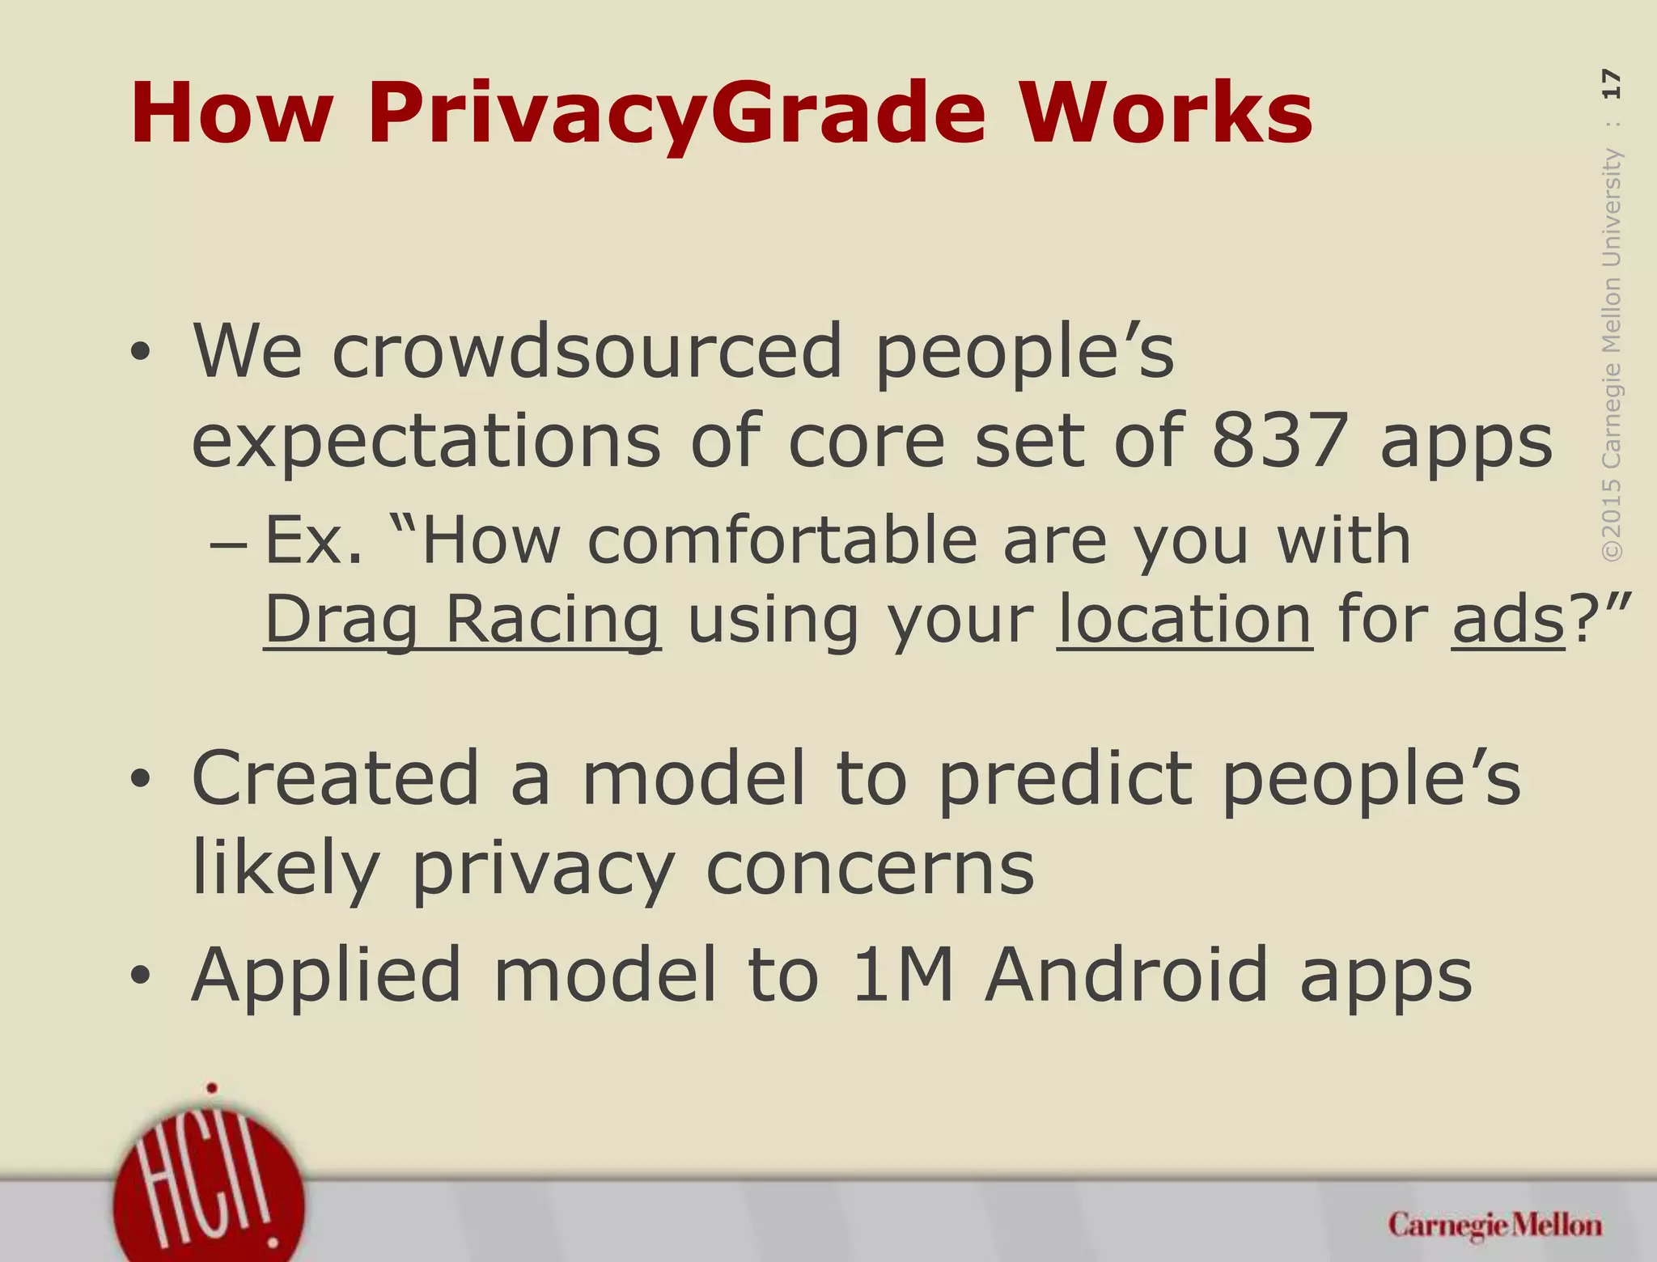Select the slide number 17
point(1610,84)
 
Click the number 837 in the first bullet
point(1279,441)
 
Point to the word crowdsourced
point(587,352)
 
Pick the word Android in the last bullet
point(1125,975)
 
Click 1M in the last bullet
point(902,975)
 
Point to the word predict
point(1064,778)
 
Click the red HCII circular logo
point(209,1189)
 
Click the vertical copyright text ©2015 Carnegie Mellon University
point(1611,356)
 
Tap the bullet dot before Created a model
point(140,779)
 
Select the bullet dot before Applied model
point(140,976)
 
